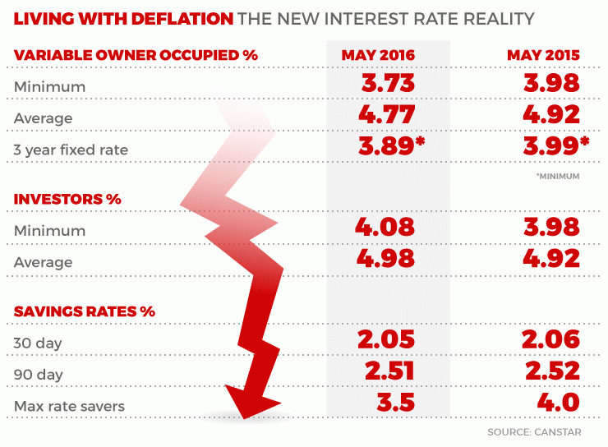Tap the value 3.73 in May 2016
coord(386,84)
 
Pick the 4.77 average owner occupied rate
coord(386,115)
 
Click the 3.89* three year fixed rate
coord(391,147)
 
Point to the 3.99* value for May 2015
coord(555,147)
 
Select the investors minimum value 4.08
coord(386,228)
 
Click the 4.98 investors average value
coord(386,260)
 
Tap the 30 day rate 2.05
coord(386,340)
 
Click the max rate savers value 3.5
coord(386,403)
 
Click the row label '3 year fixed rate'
coord(71,150)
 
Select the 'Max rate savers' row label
coord(65,406)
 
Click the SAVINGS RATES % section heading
coord(85,311)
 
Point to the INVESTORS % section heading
coord(67,199)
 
